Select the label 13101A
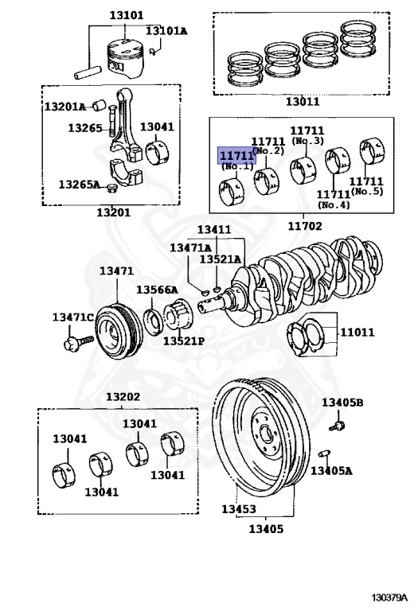pos(166,31)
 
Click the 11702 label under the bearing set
pos(304,226)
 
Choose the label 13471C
pos(74,317)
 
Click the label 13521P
pos(184,341)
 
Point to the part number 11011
pos(357,332)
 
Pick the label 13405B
pos(342,403)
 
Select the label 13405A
pos(331,471)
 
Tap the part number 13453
pos(239,508)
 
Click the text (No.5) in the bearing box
pos(368,192)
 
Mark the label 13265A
pos(79,185)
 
